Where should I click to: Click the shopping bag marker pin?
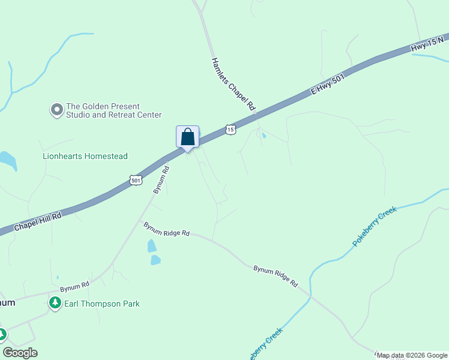[x=187, y=137]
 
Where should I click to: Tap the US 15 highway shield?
[x=231, y=129]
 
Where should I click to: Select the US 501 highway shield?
[x=135, y=180]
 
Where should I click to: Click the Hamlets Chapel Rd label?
[x=234, y=84]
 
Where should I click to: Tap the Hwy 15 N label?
[x=427, y=44]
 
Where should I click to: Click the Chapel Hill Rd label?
[x=38, y=220]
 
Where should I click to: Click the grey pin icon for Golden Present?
[x=57, y=109]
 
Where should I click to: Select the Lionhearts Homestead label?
[x=85, y=156]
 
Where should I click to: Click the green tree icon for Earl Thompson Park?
[x=56, y=303]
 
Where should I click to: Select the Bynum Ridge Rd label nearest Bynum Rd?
[x=166, y=229]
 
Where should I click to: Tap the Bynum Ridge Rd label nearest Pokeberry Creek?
[x=276, y=275]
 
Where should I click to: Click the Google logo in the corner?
[x=20, y=353]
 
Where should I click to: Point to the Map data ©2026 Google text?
[x=411, y=355]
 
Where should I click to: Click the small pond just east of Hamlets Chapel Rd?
[x=264, y=136]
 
